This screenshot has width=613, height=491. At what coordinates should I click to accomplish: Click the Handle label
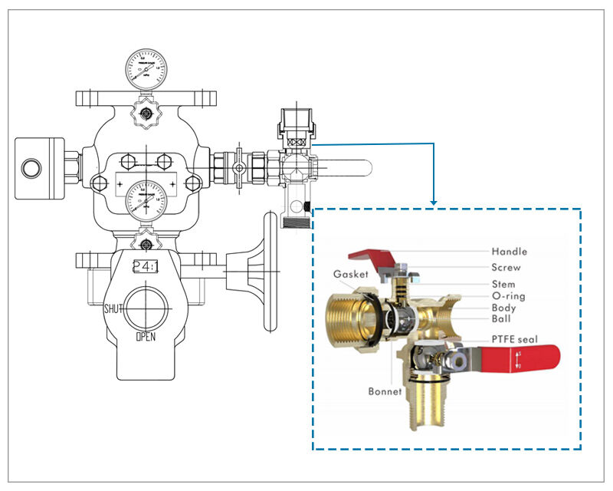[509, 251]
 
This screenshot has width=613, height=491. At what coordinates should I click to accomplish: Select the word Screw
[506, 268]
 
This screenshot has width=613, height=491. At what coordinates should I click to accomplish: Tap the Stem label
[504, 284]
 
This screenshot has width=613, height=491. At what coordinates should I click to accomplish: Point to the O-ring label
[508, 296]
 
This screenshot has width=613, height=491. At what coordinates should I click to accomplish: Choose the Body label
[504, 308]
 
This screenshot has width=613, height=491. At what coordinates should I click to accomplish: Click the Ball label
[501, 319]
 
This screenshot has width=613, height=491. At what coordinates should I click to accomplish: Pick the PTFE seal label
[514, 338]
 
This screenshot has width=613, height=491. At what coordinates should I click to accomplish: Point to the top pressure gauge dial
[146, 68]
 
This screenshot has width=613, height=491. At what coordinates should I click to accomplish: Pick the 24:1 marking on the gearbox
[146, 267]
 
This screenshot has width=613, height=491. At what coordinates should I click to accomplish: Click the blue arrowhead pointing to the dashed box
[434, 203]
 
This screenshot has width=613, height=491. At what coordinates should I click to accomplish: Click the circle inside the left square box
[32, 166]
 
